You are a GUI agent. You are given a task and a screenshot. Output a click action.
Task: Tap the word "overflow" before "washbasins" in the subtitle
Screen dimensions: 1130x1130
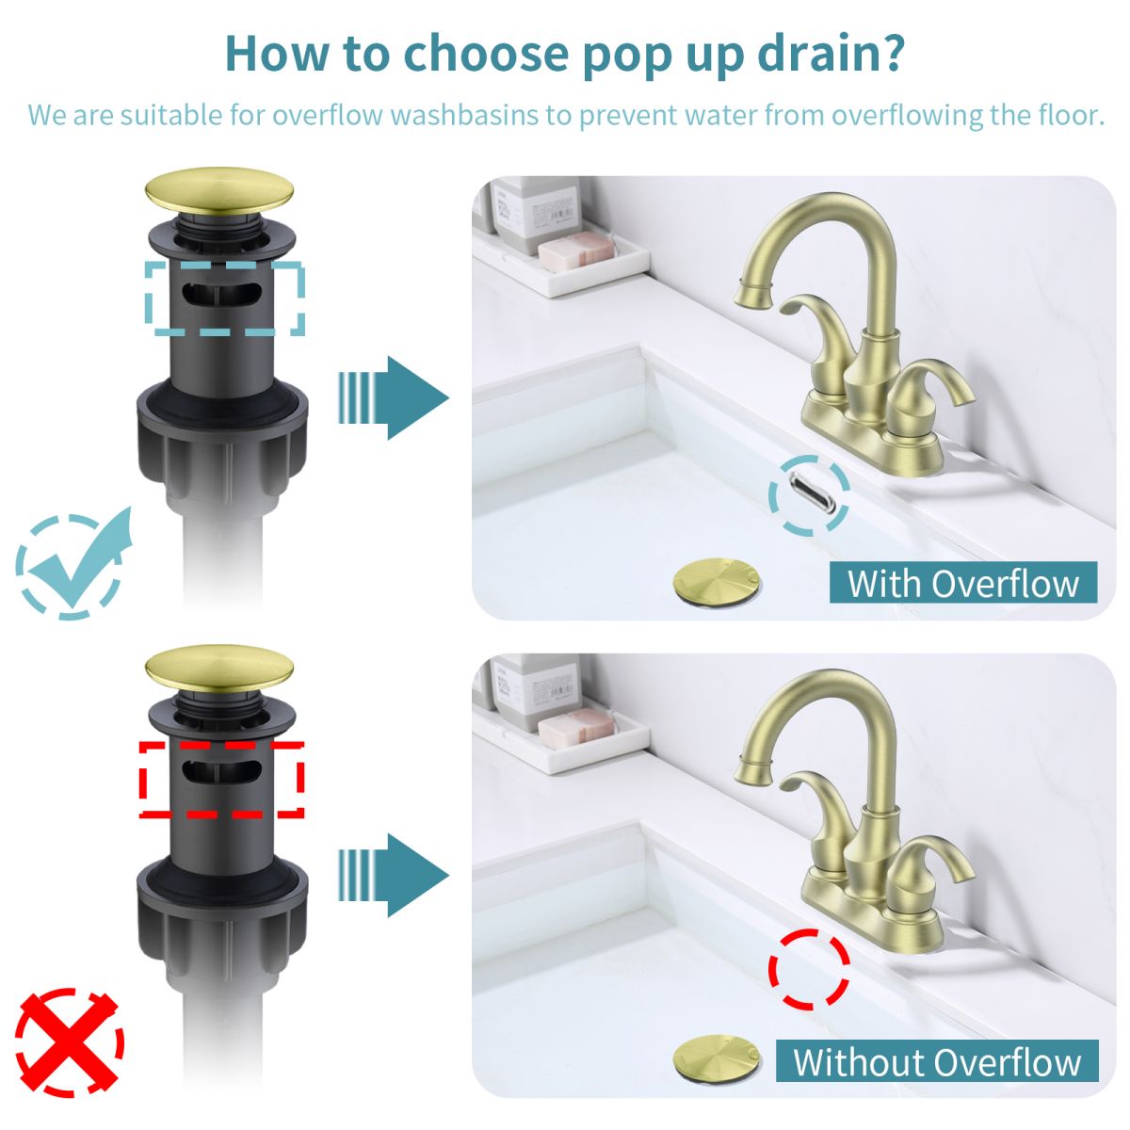[x=327, y=116]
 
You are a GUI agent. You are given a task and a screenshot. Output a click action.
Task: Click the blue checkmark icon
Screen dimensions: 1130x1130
[x=75, y=563]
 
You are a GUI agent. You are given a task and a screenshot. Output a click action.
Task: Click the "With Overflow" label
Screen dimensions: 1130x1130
[x=962, y=583]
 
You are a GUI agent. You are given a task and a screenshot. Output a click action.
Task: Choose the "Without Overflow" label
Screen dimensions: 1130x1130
[x=937, y=1061]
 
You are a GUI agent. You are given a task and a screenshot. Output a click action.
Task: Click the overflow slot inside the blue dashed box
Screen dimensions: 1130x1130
[x=222, y=295]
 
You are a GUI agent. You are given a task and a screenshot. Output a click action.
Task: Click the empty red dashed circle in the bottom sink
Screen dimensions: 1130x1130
[x=809, y=969]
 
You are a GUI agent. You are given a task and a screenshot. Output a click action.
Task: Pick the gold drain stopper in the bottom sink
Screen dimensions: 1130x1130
[x=717, y=1057]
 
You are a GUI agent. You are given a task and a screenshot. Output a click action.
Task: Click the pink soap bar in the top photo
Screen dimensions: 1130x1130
[x=575, y=249]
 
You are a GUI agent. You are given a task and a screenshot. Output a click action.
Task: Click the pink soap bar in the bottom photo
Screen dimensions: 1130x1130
[x=575, y=726]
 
